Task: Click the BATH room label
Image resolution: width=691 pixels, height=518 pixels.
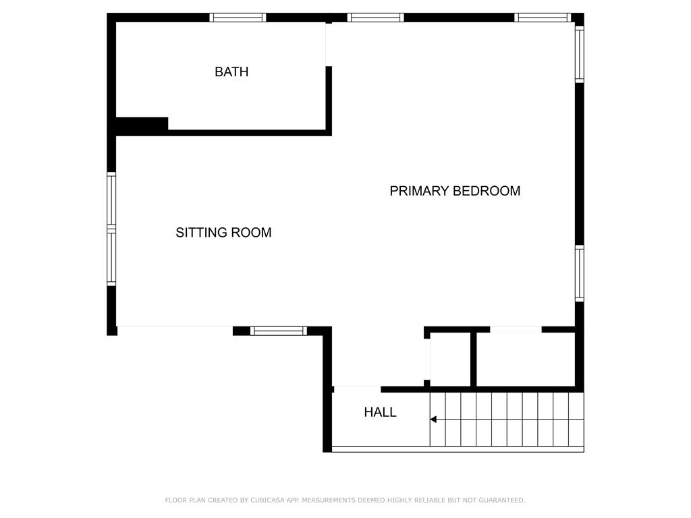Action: coord(231,71)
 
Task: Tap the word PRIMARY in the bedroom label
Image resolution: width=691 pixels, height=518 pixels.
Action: coord(419,191)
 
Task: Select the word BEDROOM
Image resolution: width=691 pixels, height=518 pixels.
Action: coord(487,191)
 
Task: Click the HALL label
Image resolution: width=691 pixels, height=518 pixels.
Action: coord(380,412)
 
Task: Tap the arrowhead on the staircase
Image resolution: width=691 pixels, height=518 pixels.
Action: coord(433,420)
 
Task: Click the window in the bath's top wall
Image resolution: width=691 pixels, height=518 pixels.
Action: coord(238,18)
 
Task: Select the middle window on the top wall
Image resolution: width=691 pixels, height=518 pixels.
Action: coord(375,18)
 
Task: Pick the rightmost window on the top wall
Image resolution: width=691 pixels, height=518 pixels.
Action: coord(543,18)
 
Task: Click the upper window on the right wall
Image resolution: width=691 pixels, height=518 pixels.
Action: coord(580,54)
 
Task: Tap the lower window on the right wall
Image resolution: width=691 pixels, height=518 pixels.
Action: coord(580,274)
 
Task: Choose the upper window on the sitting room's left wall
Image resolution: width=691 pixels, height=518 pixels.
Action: coord(111,200)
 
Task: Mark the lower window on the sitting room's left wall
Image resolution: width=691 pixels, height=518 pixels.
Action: coord(111,257)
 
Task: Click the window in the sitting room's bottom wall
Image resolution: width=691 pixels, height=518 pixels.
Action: coord(279,330)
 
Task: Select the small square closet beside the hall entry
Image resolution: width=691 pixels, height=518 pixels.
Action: coord(450,359)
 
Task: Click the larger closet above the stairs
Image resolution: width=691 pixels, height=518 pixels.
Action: coord(526,359)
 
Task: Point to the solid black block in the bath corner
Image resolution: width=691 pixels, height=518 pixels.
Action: coord(142,126)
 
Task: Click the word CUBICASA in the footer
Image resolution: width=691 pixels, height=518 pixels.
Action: coord(267,500)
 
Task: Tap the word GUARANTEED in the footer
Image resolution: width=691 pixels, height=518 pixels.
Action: coord(502,500)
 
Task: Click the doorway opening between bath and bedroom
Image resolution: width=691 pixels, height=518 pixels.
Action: coord(329,45)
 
